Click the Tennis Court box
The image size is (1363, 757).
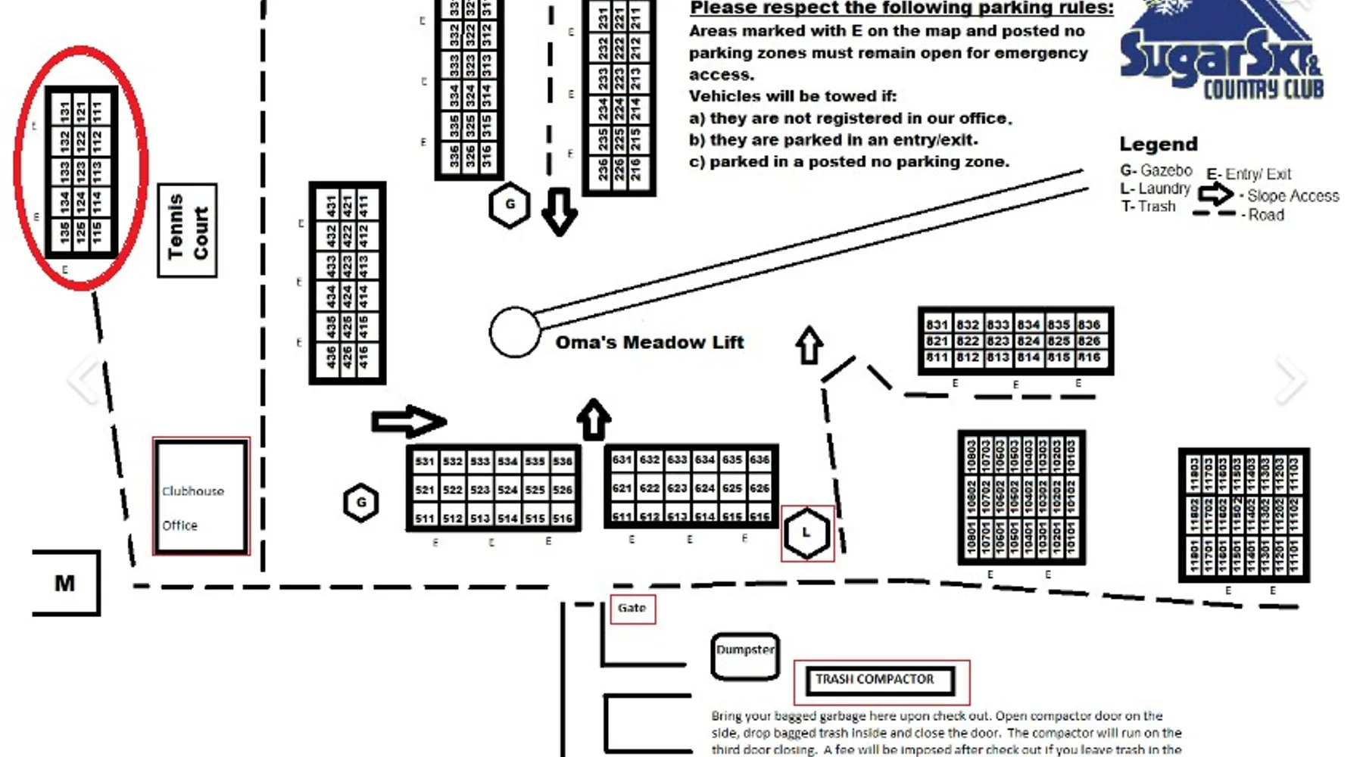187,230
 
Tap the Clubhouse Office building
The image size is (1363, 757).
201,497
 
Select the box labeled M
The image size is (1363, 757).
66,583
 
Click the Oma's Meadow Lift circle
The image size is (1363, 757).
515,332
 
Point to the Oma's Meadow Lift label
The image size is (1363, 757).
650,342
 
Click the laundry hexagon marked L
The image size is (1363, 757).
807,533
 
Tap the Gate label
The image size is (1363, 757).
632,608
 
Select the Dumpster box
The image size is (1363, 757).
745,656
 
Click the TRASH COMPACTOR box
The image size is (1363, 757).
881,680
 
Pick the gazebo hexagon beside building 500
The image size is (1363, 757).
361,503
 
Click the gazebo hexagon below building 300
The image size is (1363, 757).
510,204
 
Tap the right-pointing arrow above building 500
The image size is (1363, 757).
409,421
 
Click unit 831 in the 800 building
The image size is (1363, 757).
937,325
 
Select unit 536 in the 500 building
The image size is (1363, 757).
563,461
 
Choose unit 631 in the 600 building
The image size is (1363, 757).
622,459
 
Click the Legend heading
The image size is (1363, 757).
1159,145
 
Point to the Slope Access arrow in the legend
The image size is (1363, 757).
1215,195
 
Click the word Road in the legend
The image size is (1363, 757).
1266,215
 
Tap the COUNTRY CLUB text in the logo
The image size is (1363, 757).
1263,90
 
